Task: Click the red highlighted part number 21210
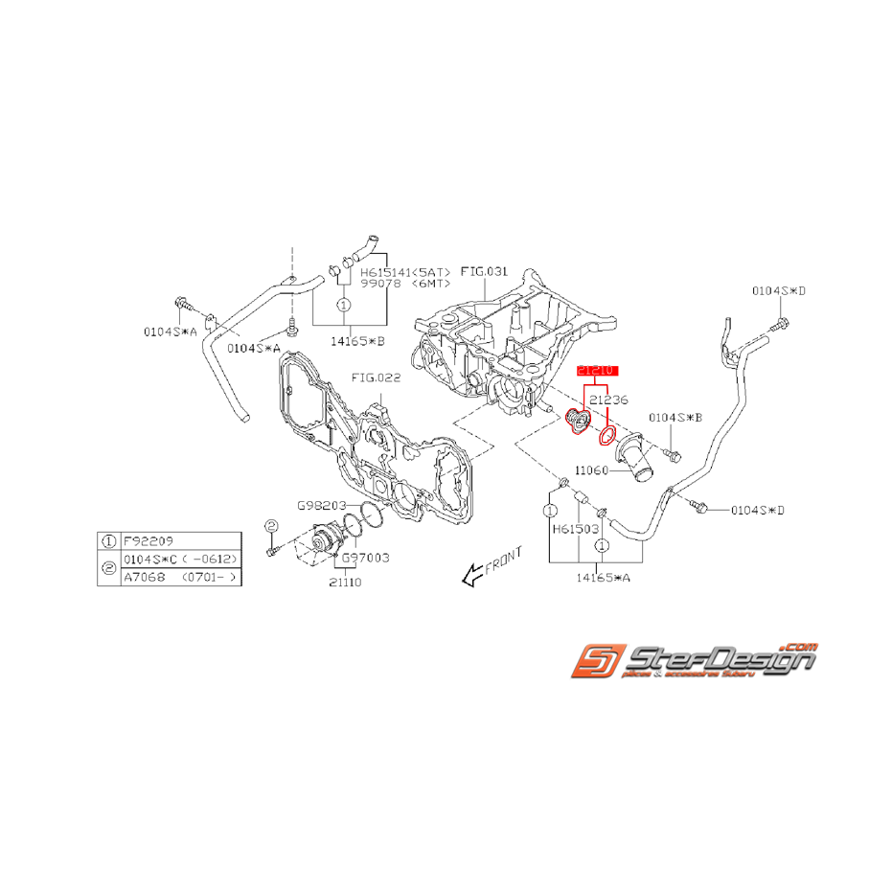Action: coord(598,369)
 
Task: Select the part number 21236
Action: coord(608,400)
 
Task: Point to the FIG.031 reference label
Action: coord(484,272)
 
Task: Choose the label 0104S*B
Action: coord(675,418)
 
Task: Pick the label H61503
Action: coord(575,528)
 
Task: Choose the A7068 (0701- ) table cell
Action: coord(178,578)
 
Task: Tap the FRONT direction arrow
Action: coord(471,574)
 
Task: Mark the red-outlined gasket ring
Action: coord(606,437)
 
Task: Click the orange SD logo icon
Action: coord(596,660)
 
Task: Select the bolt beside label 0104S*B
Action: coord(671,450)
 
